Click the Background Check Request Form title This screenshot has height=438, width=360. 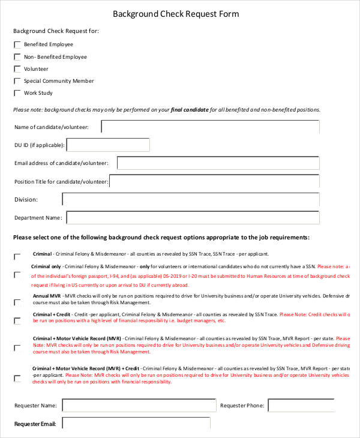pos(180,14)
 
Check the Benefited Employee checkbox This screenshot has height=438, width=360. pos(17,45)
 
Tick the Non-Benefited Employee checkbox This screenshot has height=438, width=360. pos(17,57)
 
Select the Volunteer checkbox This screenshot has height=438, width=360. pos(17,69)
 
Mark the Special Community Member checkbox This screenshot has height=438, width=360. pos(17,81)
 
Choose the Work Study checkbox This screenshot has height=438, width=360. pos(17,93)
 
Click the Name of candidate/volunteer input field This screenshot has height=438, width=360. pos(210,127)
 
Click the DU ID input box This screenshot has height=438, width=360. pos(108,145)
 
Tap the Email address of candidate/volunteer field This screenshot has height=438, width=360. pos(218,163)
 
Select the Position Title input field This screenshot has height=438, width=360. pos(214,181)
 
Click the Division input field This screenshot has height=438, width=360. pos(190,199)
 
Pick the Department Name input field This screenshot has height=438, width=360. pos(193,218)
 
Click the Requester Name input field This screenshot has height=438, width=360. pos(139,406)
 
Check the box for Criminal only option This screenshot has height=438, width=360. pos(17,275)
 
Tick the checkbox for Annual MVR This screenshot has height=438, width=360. pos(17,303)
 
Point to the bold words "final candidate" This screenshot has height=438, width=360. pos(190,110)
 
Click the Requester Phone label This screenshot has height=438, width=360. pos(242,406)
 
